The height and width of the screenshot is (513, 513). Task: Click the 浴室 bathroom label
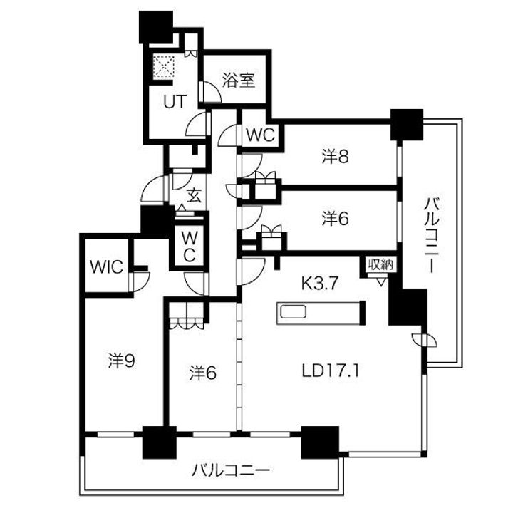239,80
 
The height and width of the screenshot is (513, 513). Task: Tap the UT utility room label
175,102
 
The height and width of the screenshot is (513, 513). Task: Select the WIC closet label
107,267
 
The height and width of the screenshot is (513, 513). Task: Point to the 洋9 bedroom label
122,361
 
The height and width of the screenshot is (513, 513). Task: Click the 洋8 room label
336,156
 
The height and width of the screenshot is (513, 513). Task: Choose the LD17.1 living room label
331,371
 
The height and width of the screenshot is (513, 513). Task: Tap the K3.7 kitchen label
319,284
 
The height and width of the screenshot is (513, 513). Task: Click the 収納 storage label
380,264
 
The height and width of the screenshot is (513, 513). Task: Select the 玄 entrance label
194,196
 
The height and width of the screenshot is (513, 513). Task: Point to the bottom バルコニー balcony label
231,471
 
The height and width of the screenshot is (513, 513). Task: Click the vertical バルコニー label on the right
432,235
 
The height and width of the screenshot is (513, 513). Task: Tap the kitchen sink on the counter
294,312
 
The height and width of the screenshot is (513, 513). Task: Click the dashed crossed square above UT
164,66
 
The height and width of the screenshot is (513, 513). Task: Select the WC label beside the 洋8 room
261,135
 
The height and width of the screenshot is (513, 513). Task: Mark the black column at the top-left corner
156,27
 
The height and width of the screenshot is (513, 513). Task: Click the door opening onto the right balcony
425,340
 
